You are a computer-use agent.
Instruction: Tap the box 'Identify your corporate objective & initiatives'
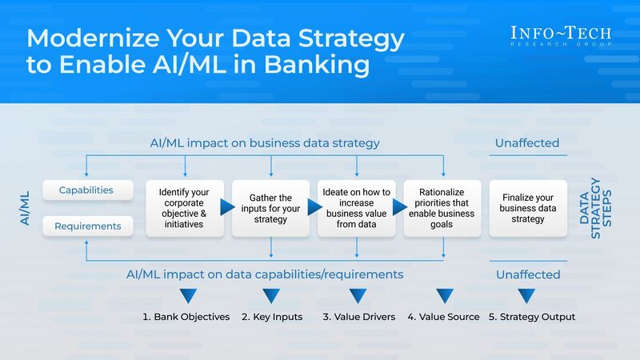[186, 208]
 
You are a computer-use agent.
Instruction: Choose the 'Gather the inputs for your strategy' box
[271, 208]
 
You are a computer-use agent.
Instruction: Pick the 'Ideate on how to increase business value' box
[357, 208]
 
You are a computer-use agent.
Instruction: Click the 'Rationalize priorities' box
[442, 208]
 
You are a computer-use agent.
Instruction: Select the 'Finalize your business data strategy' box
[528, 208]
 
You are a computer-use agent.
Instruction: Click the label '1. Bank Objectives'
[186, 317]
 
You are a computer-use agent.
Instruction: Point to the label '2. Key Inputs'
[272, 317]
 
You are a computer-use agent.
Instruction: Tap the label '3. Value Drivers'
[358, 317]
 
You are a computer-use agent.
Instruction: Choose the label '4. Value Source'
[443, 317]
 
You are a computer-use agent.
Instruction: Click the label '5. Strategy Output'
[532, 317]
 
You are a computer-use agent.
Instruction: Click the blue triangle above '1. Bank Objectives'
[187, 296]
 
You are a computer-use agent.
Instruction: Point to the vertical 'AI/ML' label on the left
[25, 208]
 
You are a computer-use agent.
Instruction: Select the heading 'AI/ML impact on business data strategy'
[265, 143]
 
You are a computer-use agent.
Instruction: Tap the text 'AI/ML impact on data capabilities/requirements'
[265, 274]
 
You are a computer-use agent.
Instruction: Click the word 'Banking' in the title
[324, 65]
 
